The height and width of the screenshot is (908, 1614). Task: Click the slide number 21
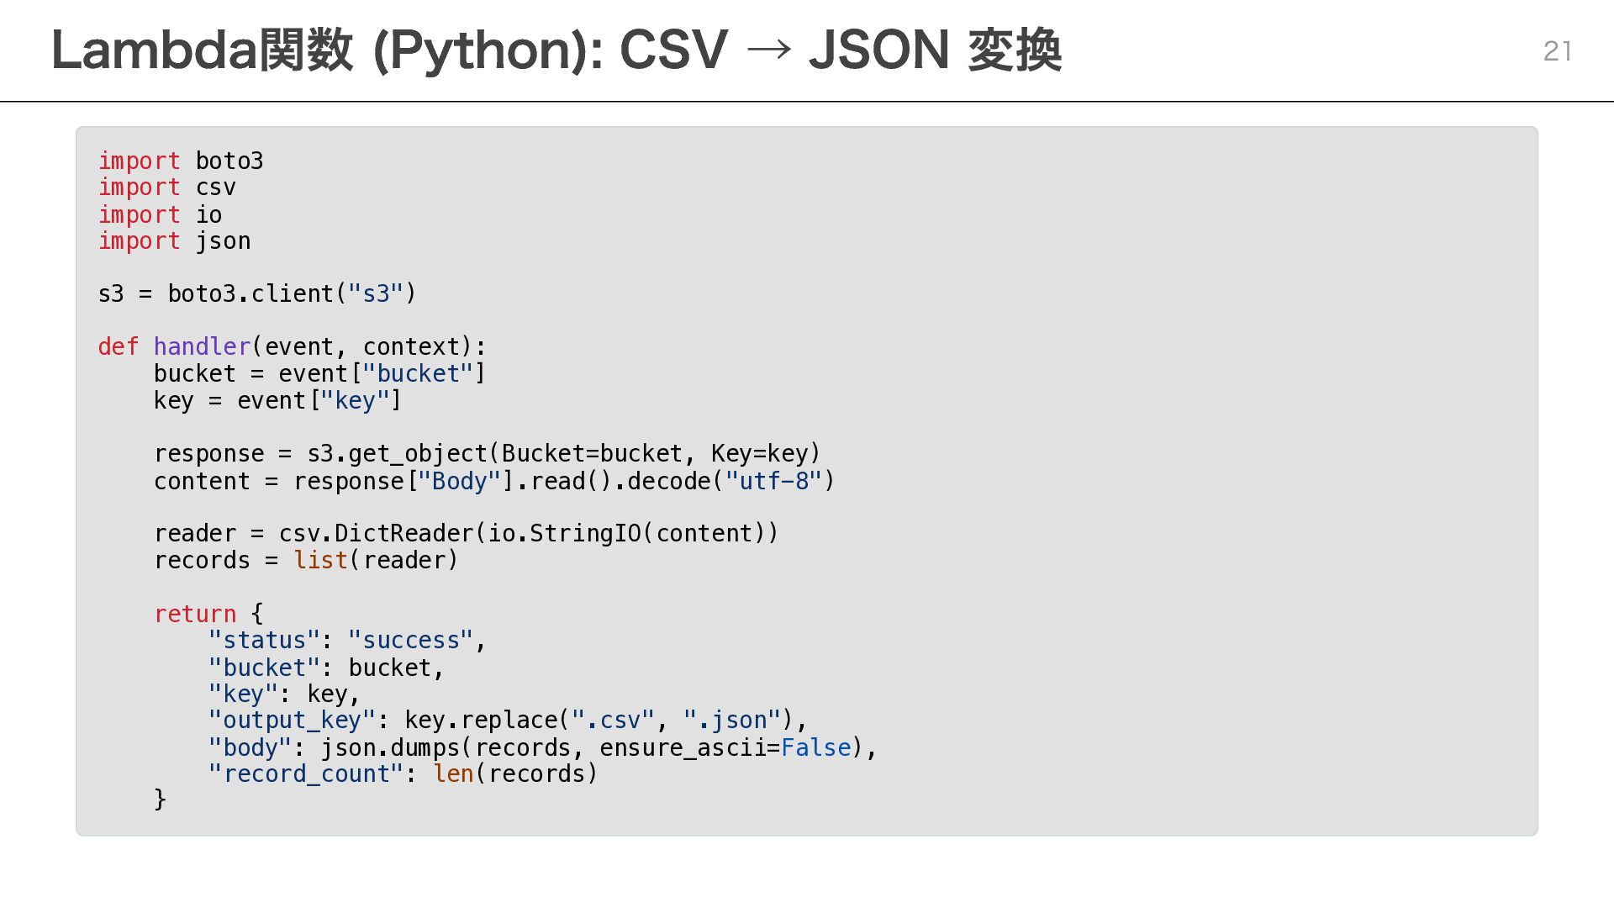pos(1557,51)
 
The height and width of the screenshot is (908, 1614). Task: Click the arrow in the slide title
pos(768,50)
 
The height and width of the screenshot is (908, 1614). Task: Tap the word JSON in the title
pos(878,50)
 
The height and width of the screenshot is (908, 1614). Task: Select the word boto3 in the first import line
pos(229,161)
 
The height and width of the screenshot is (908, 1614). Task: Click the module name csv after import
pos(215,187)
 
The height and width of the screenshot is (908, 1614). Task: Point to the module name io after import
pos(208,215)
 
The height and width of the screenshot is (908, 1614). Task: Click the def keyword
pos(118,346)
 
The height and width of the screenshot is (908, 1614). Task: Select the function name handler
pos(202,346)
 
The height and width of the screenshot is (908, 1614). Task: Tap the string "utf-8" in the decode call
pos(773,481)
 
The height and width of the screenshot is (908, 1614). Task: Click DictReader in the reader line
pos(403,534)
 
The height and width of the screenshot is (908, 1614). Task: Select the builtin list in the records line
pos(320,560)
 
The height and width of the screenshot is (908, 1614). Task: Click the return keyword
pos(195,614)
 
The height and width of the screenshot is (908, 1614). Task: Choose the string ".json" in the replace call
pos(731,721)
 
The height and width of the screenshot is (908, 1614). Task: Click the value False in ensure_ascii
pos(815,747)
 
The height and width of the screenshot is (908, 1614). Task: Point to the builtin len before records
pos(453,773)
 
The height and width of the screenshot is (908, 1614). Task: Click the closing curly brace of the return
pos(160,799)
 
